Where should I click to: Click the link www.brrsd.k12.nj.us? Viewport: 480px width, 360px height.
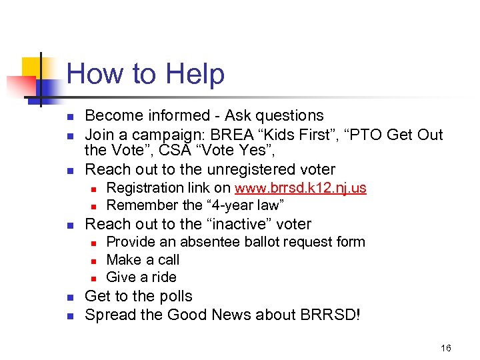tap(300, 188)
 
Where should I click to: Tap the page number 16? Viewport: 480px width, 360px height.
tap(446, 348)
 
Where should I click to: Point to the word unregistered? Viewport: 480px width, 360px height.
tap(253, 169)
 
